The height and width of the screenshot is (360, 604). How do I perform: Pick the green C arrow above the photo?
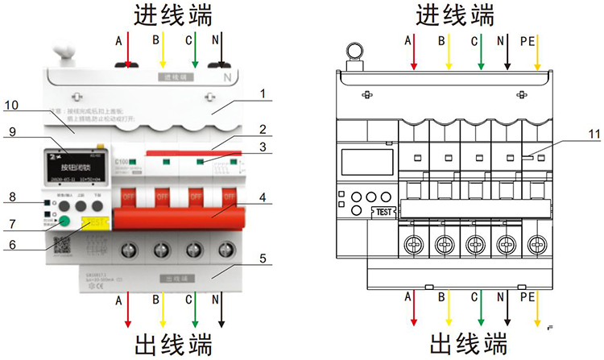[x=195, y=52]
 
